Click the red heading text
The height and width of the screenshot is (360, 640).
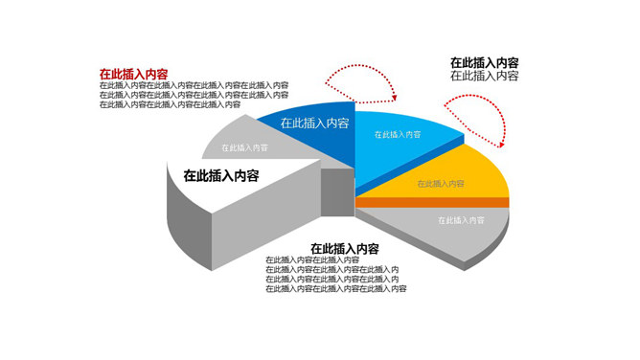134,73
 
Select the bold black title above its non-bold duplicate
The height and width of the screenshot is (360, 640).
485,63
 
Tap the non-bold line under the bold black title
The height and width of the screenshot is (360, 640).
485,76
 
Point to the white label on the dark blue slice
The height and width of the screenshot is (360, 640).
313,123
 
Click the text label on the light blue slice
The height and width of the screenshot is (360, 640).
399,136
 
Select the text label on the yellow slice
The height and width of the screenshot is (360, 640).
441,183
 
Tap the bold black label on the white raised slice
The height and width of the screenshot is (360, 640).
221,175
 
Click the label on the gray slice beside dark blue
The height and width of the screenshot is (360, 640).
244,147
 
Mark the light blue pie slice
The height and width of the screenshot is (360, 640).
402,153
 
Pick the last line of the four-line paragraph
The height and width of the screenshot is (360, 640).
335,288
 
